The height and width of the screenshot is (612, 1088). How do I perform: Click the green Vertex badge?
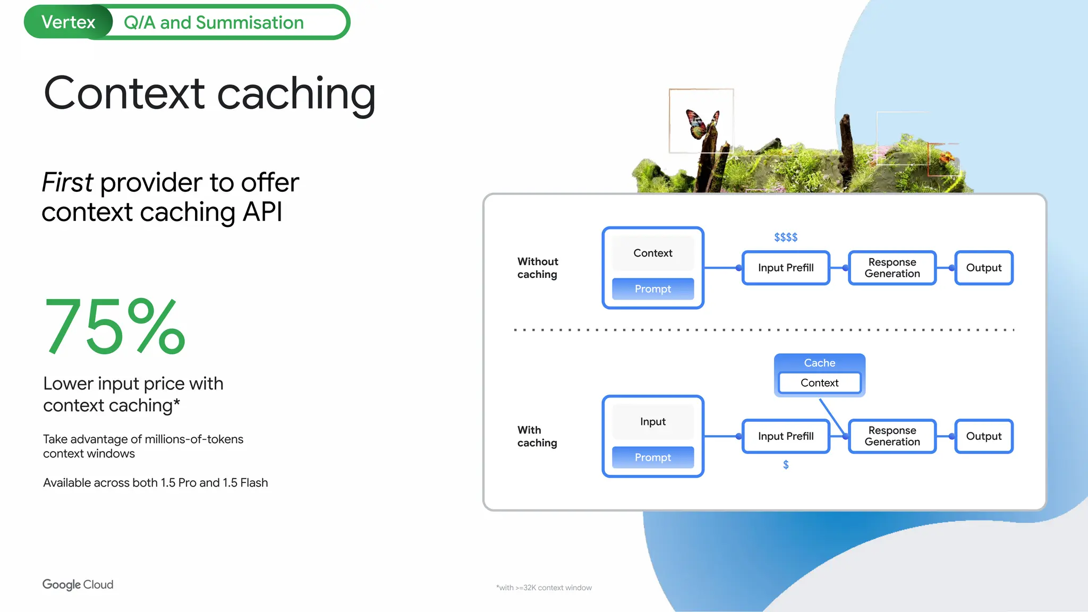coord(68,22)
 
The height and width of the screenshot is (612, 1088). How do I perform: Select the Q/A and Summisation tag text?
coord(214,23)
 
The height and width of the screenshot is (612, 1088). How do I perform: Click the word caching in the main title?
coord(296,94)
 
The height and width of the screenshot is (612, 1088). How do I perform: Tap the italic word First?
coord(67,183)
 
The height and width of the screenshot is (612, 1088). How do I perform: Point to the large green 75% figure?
coord(114,326)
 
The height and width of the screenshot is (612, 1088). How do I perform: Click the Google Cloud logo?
coord(78,584)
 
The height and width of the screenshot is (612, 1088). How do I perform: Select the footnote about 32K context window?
coord(543,588)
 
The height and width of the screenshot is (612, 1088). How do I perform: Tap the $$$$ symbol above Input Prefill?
coord(786,237)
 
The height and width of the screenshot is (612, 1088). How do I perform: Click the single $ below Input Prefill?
coord(786,465)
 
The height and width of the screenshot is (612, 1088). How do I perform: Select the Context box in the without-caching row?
coord(652,253)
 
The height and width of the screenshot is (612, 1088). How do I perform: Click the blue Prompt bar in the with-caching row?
coord(652,457)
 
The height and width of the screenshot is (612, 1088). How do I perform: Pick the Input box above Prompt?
coord(652,422)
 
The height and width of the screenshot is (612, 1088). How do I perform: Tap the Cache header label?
coord(819,363)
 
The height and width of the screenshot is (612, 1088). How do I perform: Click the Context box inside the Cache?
coord(819,383)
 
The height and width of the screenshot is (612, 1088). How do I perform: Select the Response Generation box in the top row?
coord(892,268)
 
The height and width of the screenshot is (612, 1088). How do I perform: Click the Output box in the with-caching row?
coord(983,436)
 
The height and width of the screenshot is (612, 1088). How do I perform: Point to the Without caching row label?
coord(538,268)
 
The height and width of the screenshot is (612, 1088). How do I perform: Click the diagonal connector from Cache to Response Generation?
coord(831,417)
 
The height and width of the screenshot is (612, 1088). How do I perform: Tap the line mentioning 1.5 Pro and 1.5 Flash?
coord(155,483)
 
